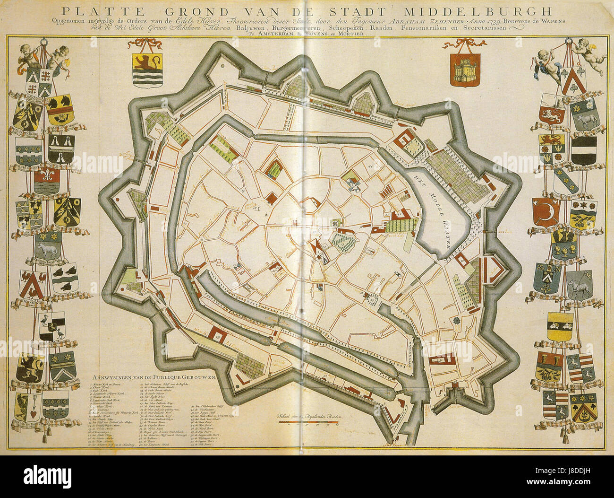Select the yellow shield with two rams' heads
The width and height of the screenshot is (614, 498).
[560, 325]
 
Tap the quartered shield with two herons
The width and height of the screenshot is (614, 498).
[52, 326]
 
